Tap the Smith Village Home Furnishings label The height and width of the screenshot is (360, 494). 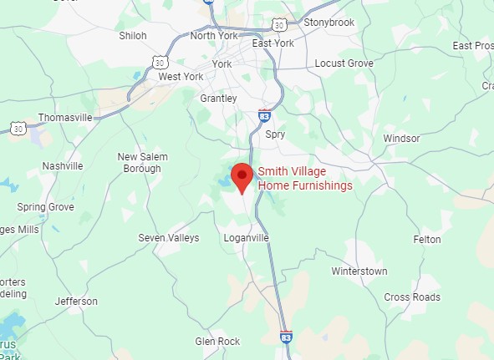pyautogui.click(x=304, y=179)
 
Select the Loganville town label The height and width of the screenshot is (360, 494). pyautogui.click(x=247, y=238)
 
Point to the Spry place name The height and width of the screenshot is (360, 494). pyautogui.click(x=274, y=134)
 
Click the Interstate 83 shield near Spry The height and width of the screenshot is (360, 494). pyautogui.click(x=264, y=115)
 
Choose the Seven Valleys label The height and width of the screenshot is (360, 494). pyautogui.click(x=169, y=238)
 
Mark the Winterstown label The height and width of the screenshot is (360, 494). pyautogui.click(x=359, y=271)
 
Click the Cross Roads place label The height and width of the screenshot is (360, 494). pyautogui.click(x=412, y=297)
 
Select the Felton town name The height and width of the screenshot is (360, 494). pyautogui.click(x=426, y=239)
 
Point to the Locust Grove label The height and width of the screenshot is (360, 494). pyautogui.click(x=342, y=63)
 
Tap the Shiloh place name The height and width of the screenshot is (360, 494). pyautogui.click(x=133, y=36)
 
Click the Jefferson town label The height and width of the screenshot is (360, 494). pyautogui.click(x=76, y=302)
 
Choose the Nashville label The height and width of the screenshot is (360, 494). pyautogui.click(x=63, y=166)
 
